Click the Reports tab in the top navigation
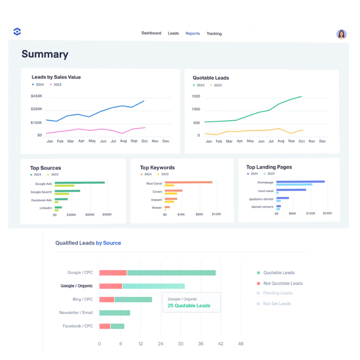pyautogui.click(x=193, y=33)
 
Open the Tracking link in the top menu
pyautogui.click(x=214, y=34)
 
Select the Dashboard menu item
pyautogui.click(x=151, y=33)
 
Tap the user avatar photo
pyautogui.click(x=342, y=34)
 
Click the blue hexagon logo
pyautogui.click(x=17, y=31)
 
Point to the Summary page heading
pyautogui.click(x=45, y=54)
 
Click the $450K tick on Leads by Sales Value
pyautogui.click(x=36, y=96)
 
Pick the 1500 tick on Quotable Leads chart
pyautogui.click(x=196, y=96)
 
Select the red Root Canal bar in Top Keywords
pyautogui.click(x=188, y=182)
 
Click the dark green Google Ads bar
pyautogui.click(x=80, y=182)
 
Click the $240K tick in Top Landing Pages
pyautogui.click(x=327, y=213)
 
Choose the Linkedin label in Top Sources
pyautogui.click(x=45, y=208)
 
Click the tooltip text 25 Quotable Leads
pyautogui.click(x=189, y=306)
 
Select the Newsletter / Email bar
pyautogui.click(x=114, y=313)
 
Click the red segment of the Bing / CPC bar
pyautogui.click(x=107, y=299)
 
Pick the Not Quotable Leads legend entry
pyautogui.click(x=283, y=283)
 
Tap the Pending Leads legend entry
pyautogui.click(x=278, y=293)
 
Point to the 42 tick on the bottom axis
pyautogui.click(x=220, y=344)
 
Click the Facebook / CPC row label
pyautogui.click(x=78, y=326)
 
